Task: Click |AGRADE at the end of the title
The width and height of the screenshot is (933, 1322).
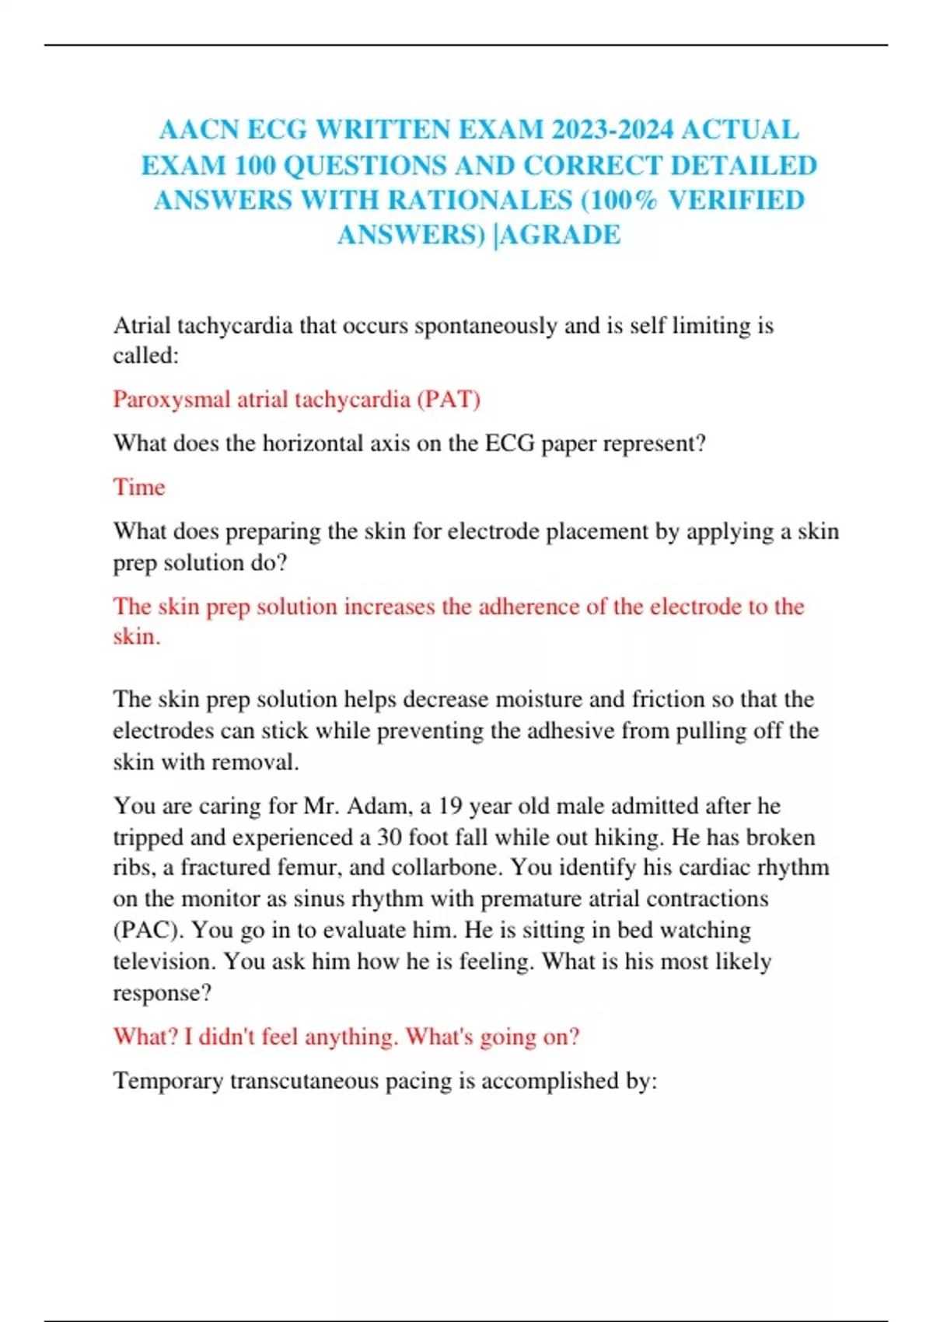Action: point(557,234)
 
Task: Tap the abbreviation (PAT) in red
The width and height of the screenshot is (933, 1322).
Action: point(449,399)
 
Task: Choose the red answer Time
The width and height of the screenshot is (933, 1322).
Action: point(139,487)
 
